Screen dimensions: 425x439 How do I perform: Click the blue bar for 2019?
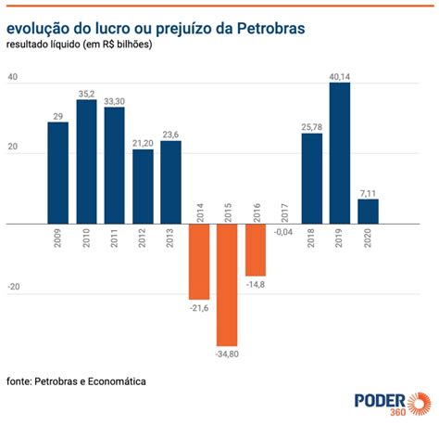click(340, 153)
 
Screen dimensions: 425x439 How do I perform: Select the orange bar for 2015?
click(227, 284)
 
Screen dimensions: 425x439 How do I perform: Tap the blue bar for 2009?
click(58, 173)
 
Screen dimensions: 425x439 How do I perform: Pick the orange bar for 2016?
click(256, 249)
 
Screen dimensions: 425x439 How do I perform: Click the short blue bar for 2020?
click(368, 212)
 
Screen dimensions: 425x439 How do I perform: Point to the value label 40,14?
click(340, 75)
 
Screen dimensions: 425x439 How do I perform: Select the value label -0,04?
click(284, 232)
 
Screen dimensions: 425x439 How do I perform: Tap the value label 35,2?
click(86, 93)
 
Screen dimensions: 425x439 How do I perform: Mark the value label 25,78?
click(312, 126)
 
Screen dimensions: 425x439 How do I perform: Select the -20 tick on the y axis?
click(13, 288)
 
